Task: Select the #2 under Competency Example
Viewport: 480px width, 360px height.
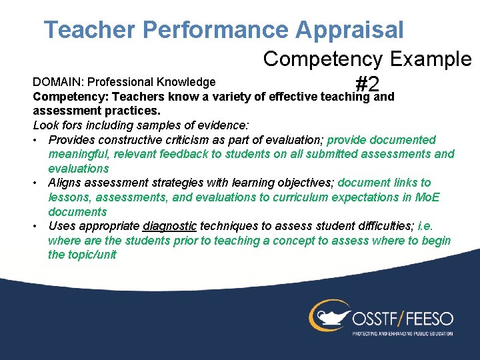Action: [367, 84]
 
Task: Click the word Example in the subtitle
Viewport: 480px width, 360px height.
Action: [429, 59]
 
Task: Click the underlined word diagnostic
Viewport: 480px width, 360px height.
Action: [169, 226]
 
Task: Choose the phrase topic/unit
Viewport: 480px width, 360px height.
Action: [91, 255]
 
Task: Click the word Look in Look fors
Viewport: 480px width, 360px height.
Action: [45, 125]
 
